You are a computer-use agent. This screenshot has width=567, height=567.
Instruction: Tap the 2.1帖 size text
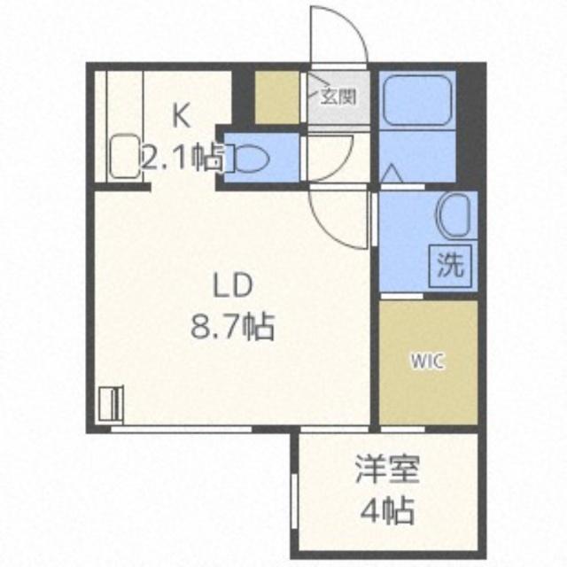point(183,157)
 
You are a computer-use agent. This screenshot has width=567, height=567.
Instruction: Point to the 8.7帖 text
point(232,329)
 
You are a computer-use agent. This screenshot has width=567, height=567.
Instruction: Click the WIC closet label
point(427,361)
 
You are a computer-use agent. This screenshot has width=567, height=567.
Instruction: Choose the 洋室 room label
point(385,470)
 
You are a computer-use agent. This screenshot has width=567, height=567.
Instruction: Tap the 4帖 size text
point(385,511)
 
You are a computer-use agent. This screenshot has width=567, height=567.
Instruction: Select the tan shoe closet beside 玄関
point(277,97)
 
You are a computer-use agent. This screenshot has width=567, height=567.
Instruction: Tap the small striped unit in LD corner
point(112,402)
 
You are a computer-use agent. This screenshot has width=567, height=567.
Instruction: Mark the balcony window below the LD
point(182,430)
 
